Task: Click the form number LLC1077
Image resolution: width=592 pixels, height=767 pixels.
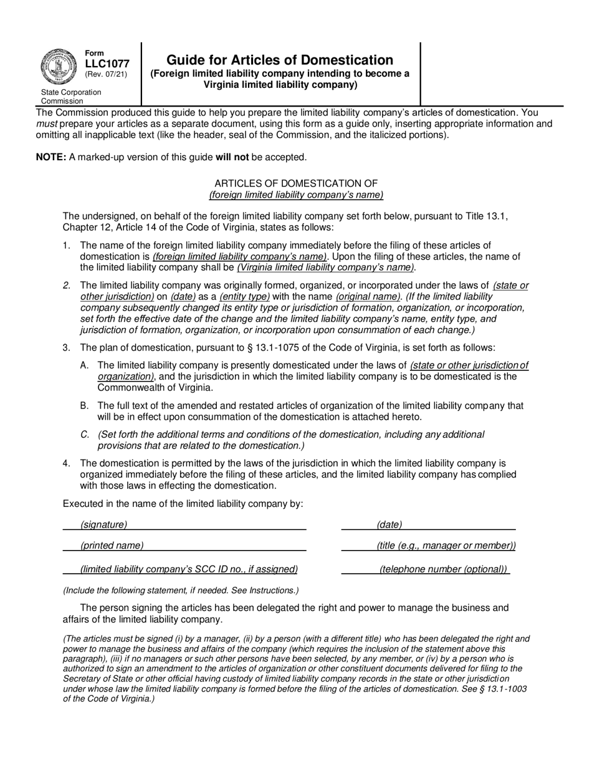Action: click(107, 64)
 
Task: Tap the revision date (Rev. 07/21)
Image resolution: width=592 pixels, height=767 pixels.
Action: click(107, 75)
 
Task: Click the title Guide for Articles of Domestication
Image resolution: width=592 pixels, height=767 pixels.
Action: click(280, 60)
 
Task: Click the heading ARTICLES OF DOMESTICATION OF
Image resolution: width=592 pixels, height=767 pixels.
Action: click(296, 183)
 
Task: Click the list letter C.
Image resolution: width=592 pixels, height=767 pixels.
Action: click(84, 435)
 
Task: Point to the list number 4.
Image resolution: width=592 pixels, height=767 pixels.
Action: click(66, 463)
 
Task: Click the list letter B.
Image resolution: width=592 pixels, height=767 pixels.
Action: click(84, 406)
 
